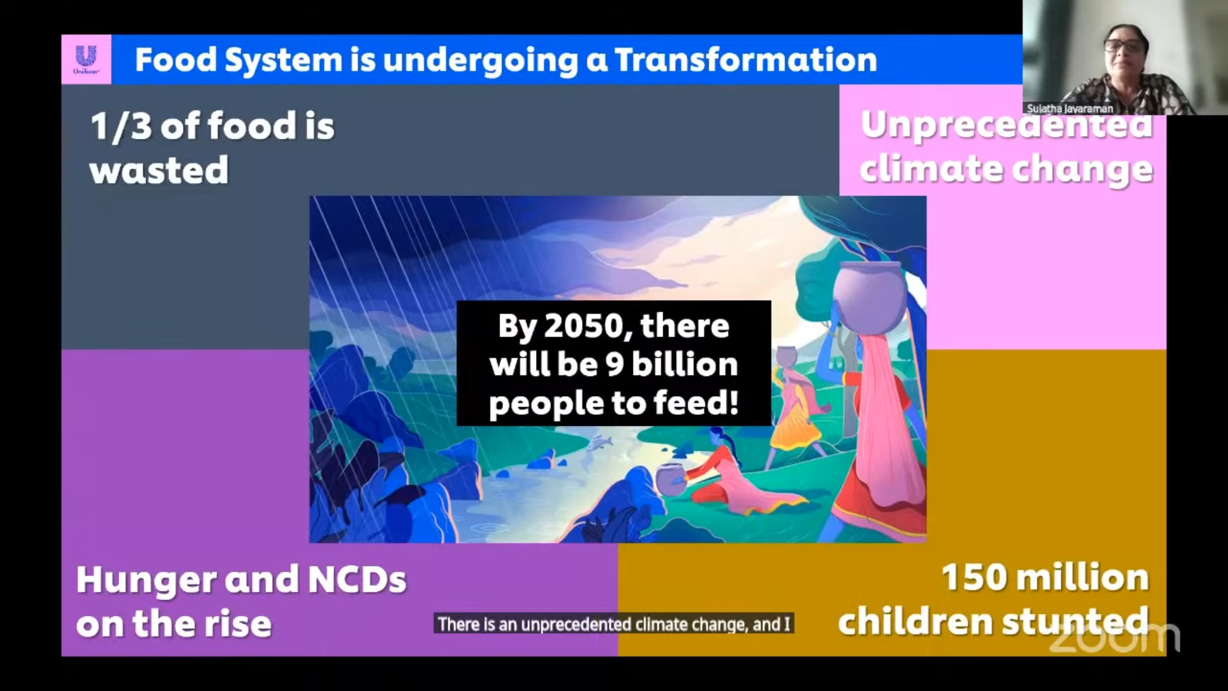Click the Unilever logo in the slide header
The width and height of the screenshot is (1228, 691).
point(86,59)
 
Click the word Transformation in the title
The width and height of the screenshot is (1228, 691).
point(746,60)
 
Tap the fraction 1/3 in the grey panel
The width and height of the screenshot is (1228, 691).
point(120,125)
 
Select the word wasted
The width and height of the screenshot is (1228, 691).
point(159,170)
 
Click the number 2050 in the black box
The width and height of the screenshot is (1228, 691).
point(581,326)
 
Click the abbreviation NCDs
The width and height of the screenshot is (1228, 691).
point(358,579)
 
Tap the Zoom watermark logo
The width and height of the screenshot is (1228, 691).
point(1114,637)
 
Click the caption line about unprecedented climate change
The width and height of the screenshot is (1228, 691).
point(614,624)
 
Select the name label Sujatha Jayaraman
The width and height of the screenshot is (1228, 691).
point(1070,109)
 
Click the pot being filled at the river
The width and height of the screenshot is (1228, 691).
point(671,480)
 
